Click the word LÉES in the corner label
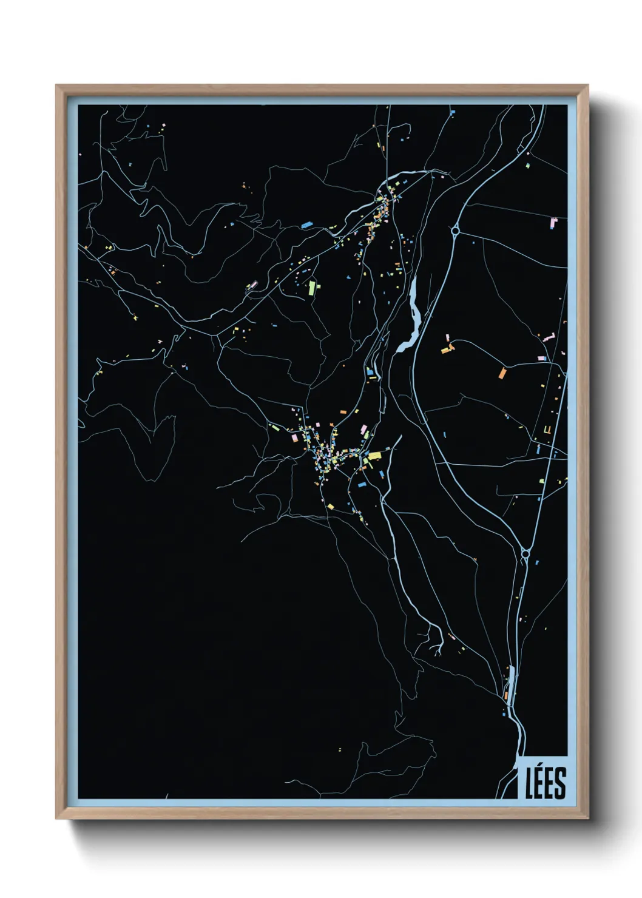pyautogui.click(x=546, y=782)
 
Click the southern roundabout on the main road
pyautogui.click(x=525, y=553)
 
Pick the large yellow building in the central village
pyautogui.click(x=375, y=455)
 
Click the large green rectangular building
pyautogui.click(x=313, y=287)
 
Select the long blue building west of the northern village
pyautogui.click(x=306, y=225)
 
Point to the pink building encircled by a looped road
pyautogui.click(x=253, y=284)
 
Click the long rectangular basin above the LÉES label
pyautogui.click(x=511, y=679)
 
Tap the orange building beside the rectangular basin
pyautogui.click(x=506, y=695)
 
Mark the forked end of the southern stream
pyautogui.click(x=438, y=649)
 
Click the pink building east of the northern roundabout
pyautogui.click(x=553, y=223)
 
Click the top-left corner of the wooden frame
pyautogui.click(x=56, y=86)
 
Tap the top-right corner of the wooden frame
pyautogui.click(x=588, y=86)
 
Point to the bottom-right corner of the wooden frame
pyautogui.click(x=588, y=818)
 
